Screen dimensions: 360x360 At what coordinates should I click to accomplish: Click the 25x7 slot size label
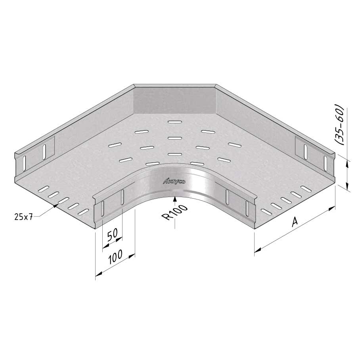[24, 216]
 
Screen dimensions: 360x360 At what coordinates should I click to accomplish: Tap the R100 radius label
[175, 213]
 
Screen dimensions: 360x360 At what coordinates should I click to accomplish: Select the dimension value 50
[113, 234]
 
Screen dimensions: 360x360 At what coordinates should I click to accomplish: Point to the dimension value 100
[115, 257]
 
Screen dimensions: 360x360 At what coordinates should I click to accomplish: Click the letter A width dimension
[295, 222]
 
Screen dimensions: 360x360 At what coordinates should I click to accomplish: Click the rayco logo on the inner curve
[174, 182]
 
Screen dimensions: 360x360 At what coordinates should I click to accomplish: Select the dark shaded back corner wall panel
[175, 100]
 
